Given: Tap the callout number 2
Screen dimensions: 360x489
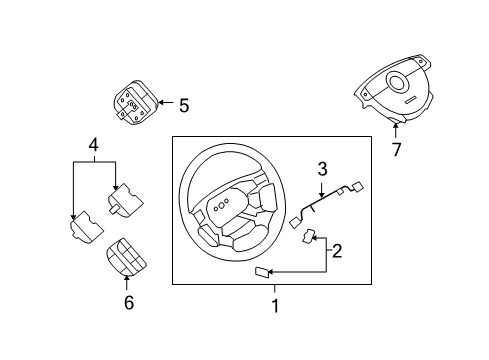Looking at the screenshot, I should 337,251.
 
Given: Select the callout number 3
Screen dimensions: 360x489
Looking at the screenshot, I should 322,168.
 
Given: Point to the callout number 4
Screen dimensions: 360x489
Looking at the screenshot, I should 93,145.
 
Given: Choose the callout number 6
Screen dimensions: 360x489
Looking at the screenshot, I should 127,302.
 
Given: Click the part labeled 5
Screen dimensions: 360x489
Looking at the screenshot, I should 131,106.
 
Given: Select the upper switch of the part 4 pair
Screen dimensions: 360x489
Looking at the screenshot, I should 125,204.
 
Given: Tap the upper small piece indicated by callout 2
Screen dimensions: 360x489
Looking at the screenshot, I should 311,238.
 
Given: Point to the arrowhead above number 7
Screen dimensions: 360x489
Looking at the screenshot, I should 396,127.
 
